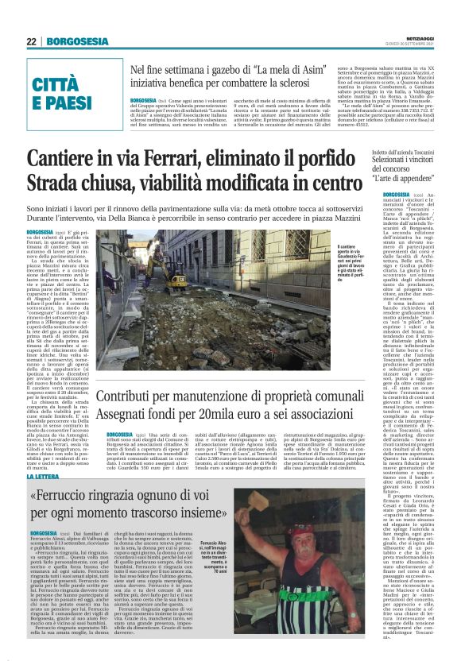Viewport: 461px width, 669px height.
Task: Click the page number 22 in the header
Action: coord(31,41)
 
